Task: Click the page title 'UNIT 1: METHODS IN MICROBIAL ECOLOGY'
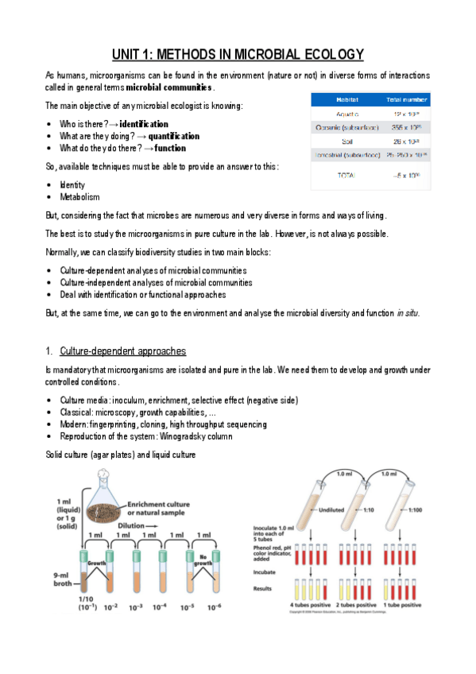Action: [x=238, y=54]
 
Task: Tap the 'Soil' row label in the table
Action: [x=325, y=140]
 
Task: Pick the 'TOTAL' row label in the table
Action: [x=325, y=174]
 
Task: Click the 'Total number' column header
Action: [x=404, y=99]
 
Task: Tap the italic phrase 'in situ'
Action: [x=406, y=312]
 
